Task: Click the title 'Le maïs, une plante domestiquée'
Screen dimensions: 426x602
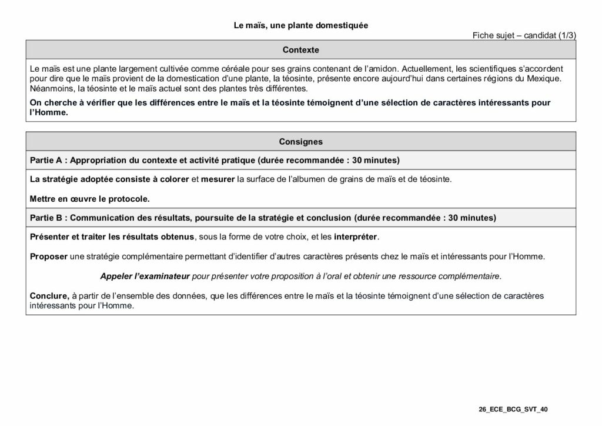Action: [300, 25]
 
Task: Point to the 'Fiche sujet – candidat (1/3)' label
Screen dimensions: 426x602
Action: [524, 35]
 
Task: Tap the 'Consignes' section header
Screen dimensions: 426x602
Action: [300, 141]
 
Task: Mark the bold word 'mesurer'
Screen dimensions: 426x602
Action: [218, 179]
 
